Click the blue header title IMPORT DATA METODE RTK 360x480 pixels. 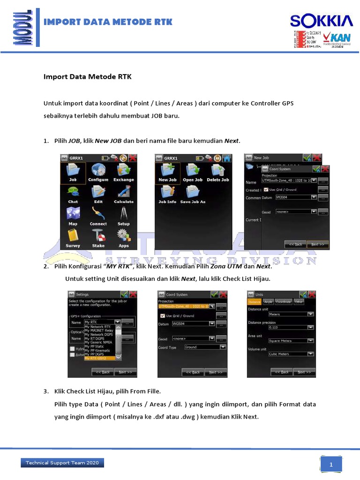point(108,22)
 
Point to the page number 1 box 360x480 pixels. point(331,465)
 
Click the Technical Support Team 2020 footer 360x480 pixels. point(62,463)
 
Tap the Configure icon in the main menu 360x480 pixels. point(98,172)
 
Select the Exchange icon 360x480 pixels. point(123,172)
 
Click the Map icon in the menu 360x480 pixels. point(73,216)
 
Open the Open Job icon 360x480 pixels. point(192,172)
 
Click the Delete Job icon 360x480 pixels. point(217,172)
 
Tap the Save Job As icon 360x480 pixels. point(192,194)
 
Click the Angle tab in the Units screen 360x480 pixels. point(268,302)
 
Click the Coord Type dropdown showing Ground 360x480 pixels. point(205,347)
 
